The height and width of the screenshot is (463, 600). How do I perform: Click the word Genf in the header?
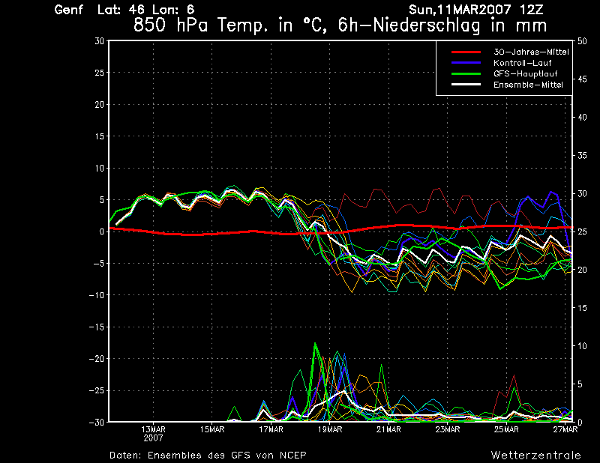(68, 10)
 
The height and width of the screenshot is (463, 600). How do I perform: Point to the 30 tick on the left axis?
(99, 41)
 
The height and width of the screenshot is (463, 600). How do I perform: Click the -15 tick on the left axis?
(96, 327)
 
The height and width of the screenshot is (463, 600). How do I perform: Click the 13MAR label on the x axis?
(153, 429)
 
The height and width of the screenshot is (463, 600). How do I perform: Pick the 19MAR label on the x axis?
(330, 429)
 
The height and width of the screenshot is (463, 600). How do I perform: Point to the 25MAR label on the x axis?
(507, 429)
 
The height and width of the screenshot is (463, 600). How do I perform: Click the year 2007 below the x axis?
(153, 438)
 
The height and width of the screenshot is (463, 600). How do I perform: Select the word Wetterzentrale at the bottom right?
(535, 455)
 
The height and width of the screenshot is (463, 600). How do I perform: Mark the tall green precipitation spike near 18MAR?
(315, 345)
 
